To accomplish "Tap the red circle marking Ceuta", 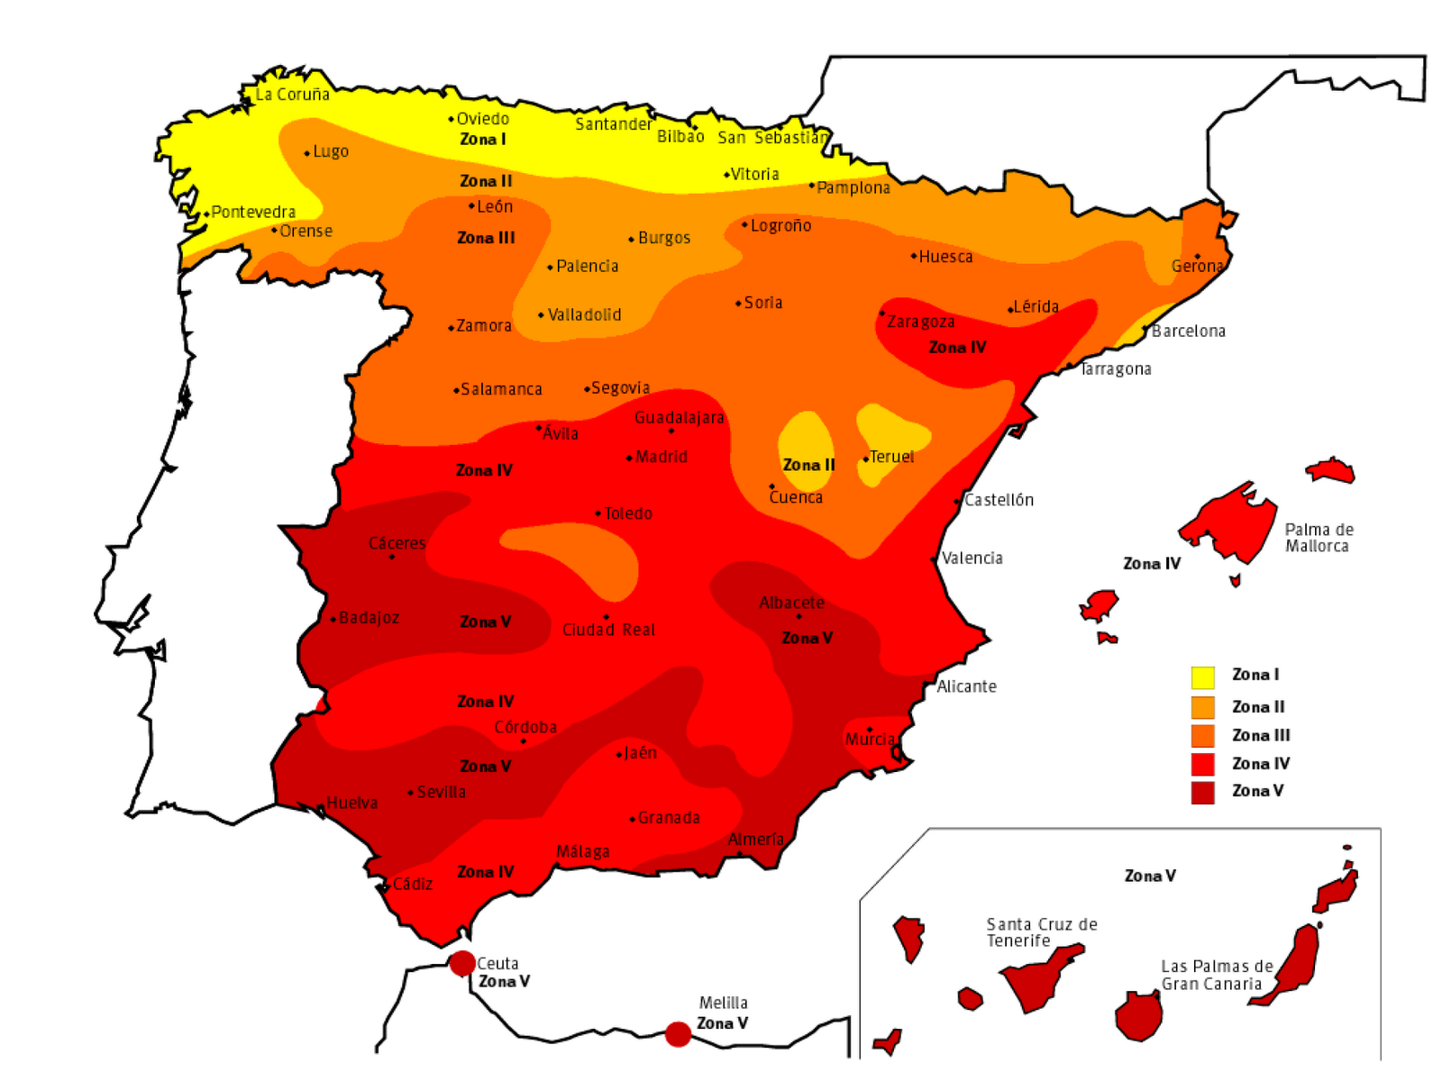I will click(462, 963).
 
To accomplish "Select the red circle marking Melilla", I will click(678, 1034).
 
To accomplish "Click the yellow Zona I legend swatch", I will click(1202, 677).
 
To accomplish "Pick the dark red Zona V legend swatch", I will click(1202, 793).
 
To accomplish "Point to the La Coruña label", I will click(292, 95).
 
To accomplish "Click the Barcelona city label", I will click(1188, 332).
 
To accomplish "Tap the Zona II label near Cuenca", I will click(808, 465).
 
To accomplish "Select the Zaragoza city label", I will click(920, 322).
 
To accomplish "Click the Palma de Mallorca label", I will click(1319, 538).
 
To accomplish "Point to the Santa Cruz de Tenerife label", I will click(1041, 932).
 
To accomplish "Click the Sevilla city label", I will click(441, 792).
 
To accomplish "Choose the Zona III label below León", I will click(486, 238).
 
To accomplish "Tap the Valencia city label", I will click(972, 559).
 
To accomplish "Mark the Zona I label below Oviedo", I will click(482, 140).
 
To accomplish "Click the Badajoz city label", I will click(369, 618).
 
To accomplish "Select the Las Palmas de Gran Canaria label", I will click(1216, 975).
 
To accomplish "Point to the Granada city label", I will click(668, 818).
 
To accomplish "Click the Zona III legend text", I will click(1261, 735).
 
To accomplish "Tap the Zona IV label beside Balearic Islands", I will click(1151, 564).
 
